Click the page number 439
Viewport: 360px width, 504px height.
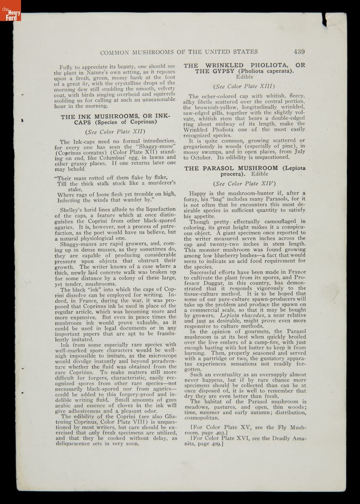pos(299,52)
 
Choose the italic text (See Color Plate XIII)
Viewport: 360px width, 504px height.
pos(244,87)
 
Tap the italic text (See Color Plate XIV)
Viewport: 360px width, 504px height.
pos(244,183)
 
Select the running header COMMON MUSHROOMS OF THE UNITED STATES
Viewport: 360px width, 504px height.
pos(178,52)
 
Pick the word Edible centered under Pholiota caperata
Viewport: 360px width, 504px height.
pos(244,77)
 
